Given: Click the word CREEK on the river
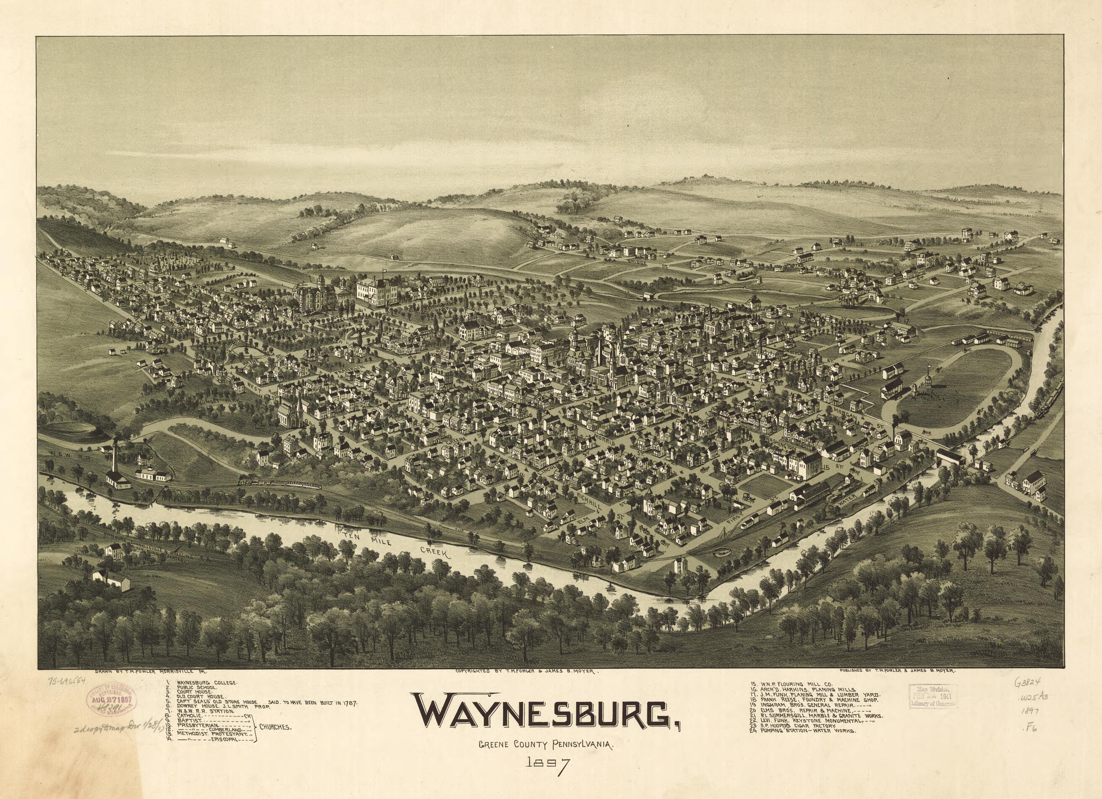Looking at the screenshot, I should click(x=436, y=553).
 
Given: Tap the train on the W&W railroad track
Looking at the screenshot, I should click(x=279, y=483).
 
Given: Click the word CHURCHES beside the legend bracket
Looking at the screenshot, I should click(x=275, y=728).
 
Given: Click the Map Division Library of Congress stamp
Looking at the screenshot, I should click(x=933, y=696).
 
